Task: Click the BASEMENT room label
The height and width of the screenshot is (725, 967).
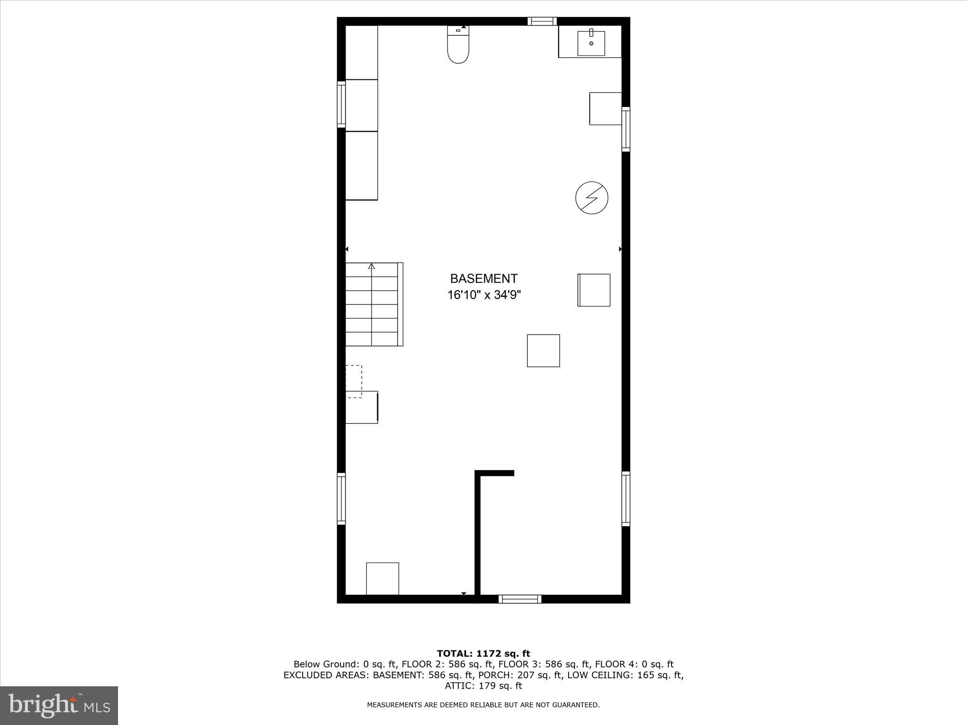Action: point(483,278)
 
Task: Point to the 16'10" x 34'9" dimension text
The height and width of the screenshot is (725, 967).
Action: point(484,295)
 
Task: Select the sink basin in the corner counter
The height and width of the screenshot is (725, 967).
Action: point(591,43)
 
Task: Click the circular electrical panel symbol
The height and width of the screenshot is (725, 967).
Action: point(592,198)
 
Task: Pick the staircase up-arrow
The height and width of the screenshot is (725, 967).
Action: point(372,267)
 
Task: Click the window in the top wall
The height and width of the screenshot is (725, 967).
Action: point(542,21)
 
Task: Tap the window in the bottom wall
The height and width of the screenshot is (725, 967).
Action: point(520,599)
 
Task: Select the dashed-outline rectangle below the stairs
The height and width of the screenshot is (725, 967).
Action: point(354,381)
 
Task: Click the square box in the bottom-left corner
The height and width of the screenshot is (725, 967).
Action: point(382,579)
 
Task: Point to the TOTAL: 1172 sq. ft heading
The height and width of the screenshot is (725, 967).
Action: point(483,654)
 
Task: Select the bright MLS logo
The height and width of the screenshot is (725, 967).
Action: point(59,706)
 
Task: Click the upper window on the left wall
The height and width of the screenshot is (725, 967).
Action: point(341,104)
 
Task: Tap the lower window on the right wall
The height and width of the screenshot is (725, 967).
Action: point(626,499)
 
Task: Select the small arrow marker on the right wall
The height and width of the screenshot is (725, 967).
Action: point(620,249)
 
